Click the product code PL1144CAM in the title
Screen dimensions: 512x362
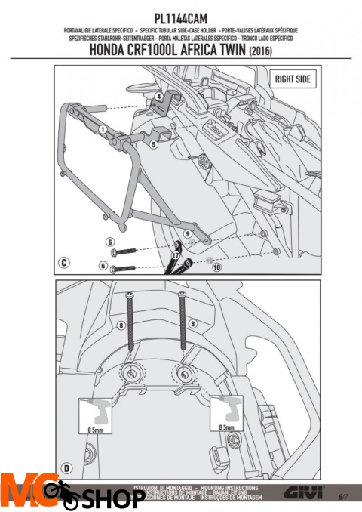click(x=181, y=16)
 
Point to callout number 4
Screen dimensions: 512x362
click(x=159, y=97)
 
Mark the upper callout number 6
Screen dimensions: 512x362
click(x=110, y=242)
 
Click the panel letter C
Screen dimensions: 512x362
click(x=66, y=263)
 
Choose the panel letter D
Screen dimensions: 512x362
click(x=66, y=468)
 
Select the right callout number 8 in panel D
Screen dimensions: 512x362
click(x=192, y=322)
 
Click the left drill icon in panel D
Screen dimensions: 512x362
click(x=94, y=412)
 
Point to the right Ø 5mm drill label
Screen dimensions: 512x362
click(x=226, y=427)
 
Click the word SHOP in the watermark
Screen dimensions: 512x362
click(x=113, y=499)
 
